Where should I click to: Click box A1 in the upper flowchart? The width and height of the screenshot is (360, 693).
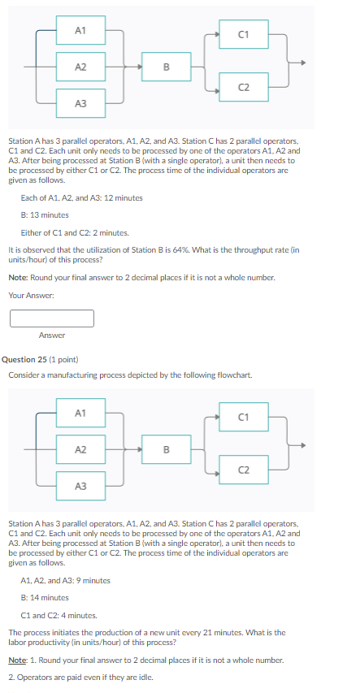pyautogui.click(x=80, y=30)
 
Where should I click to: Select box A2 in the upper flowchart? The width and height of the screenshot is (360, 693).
pyautogui.click(x=80, y=67)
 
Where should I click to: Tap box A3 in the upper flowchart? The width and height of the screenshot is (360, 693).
pyautogui.click(x=80, y=103)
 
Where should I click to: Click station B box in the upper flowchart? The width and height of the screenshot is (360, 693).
pyautogui.click(x=166, y=67)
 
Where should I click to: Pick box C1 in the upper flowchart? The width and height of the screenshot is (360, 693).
pyautogui.click(x=243, y=34)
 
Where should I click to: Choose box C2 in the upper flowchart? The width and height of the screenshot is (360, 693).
pyautogui.click(x=243, y=87)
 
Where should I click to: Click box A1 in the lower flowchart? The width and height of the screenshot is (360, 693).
pyautogui.click(x=80, y=413)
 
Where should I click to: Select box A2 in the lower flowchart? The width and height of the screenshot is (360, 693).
pyautogui.click(x=80, y=449)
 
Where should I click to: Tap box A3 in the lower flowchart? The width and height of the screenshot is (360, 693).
pyautogui.click(x=80, y=486)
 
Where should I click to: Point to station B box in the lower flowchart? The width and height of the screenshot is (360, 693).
pyautogui.click(x=166, y=449)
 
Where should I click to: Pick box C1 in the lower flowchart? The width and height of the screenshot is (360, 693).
pyautogui.click(x=243, y=418)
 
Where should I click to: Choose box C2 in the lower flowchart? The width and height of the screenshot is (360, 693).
pyautogui.click(x=243, y=470)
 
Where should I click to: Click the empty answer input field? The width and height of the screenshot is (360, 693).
pyautogui.click(x=52, y=318)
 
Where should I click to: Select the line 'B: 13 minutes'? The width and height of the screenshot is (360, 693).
pyautogui.click(x=45, y=214)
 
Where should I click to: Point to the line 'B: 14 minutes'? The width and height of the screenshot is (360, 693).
pyautogui.click(x=45, y=597)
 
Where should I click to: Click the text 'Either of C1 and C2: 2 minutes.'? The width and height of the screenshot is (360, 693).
pyautogui.click(x=70, y=232)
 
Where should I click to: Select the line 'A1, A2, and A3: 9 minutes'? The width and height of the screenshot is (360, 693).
pyautogui.click(x=65, y=580)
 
